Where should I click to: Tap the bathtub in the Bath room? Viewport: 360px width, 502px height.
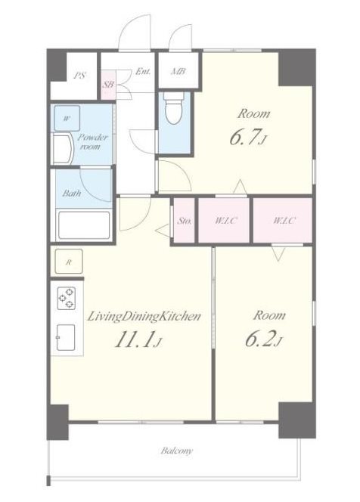coord(84,225)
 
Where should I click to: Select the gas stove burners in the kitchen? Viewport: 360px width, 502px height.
coord(67,298)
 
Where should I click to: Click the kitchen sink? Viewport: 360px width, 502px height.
coord(66,337)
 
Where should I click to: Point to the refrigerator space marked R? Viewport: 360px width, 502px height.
coord(69,262)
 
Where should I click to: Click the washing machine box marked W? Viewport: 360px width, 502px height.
coord(67,118)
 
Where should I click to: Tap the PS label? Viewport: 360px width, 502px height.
coord(79,76)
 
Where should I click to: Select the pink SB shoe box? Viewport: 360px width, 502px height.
coord(108,85)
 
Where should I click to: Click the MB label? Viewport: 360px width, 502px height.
coord(178,71)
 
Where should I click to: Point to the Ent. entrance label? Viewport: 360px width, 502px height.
coord(142,71)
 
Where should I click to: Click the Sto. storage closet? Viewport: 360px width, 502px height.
coord(185,220)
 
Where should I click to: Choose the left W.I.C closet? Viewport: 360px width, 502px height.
coord(224,220)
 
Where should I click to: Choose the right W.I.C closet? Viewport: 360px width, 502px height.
coord(283,220)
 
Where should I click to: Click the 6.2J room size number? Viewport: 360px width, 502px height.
coord(264,339)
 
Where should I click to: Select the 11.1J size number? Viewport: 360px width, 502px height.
coord(138,339)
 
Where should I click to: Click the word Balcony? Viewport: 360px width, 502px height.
coord(177,451)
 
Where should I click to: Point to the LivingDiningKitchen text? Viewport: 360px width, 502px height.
coord(144,317)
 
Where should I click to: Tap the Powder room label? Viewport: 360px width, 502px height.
coord(92,142)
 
